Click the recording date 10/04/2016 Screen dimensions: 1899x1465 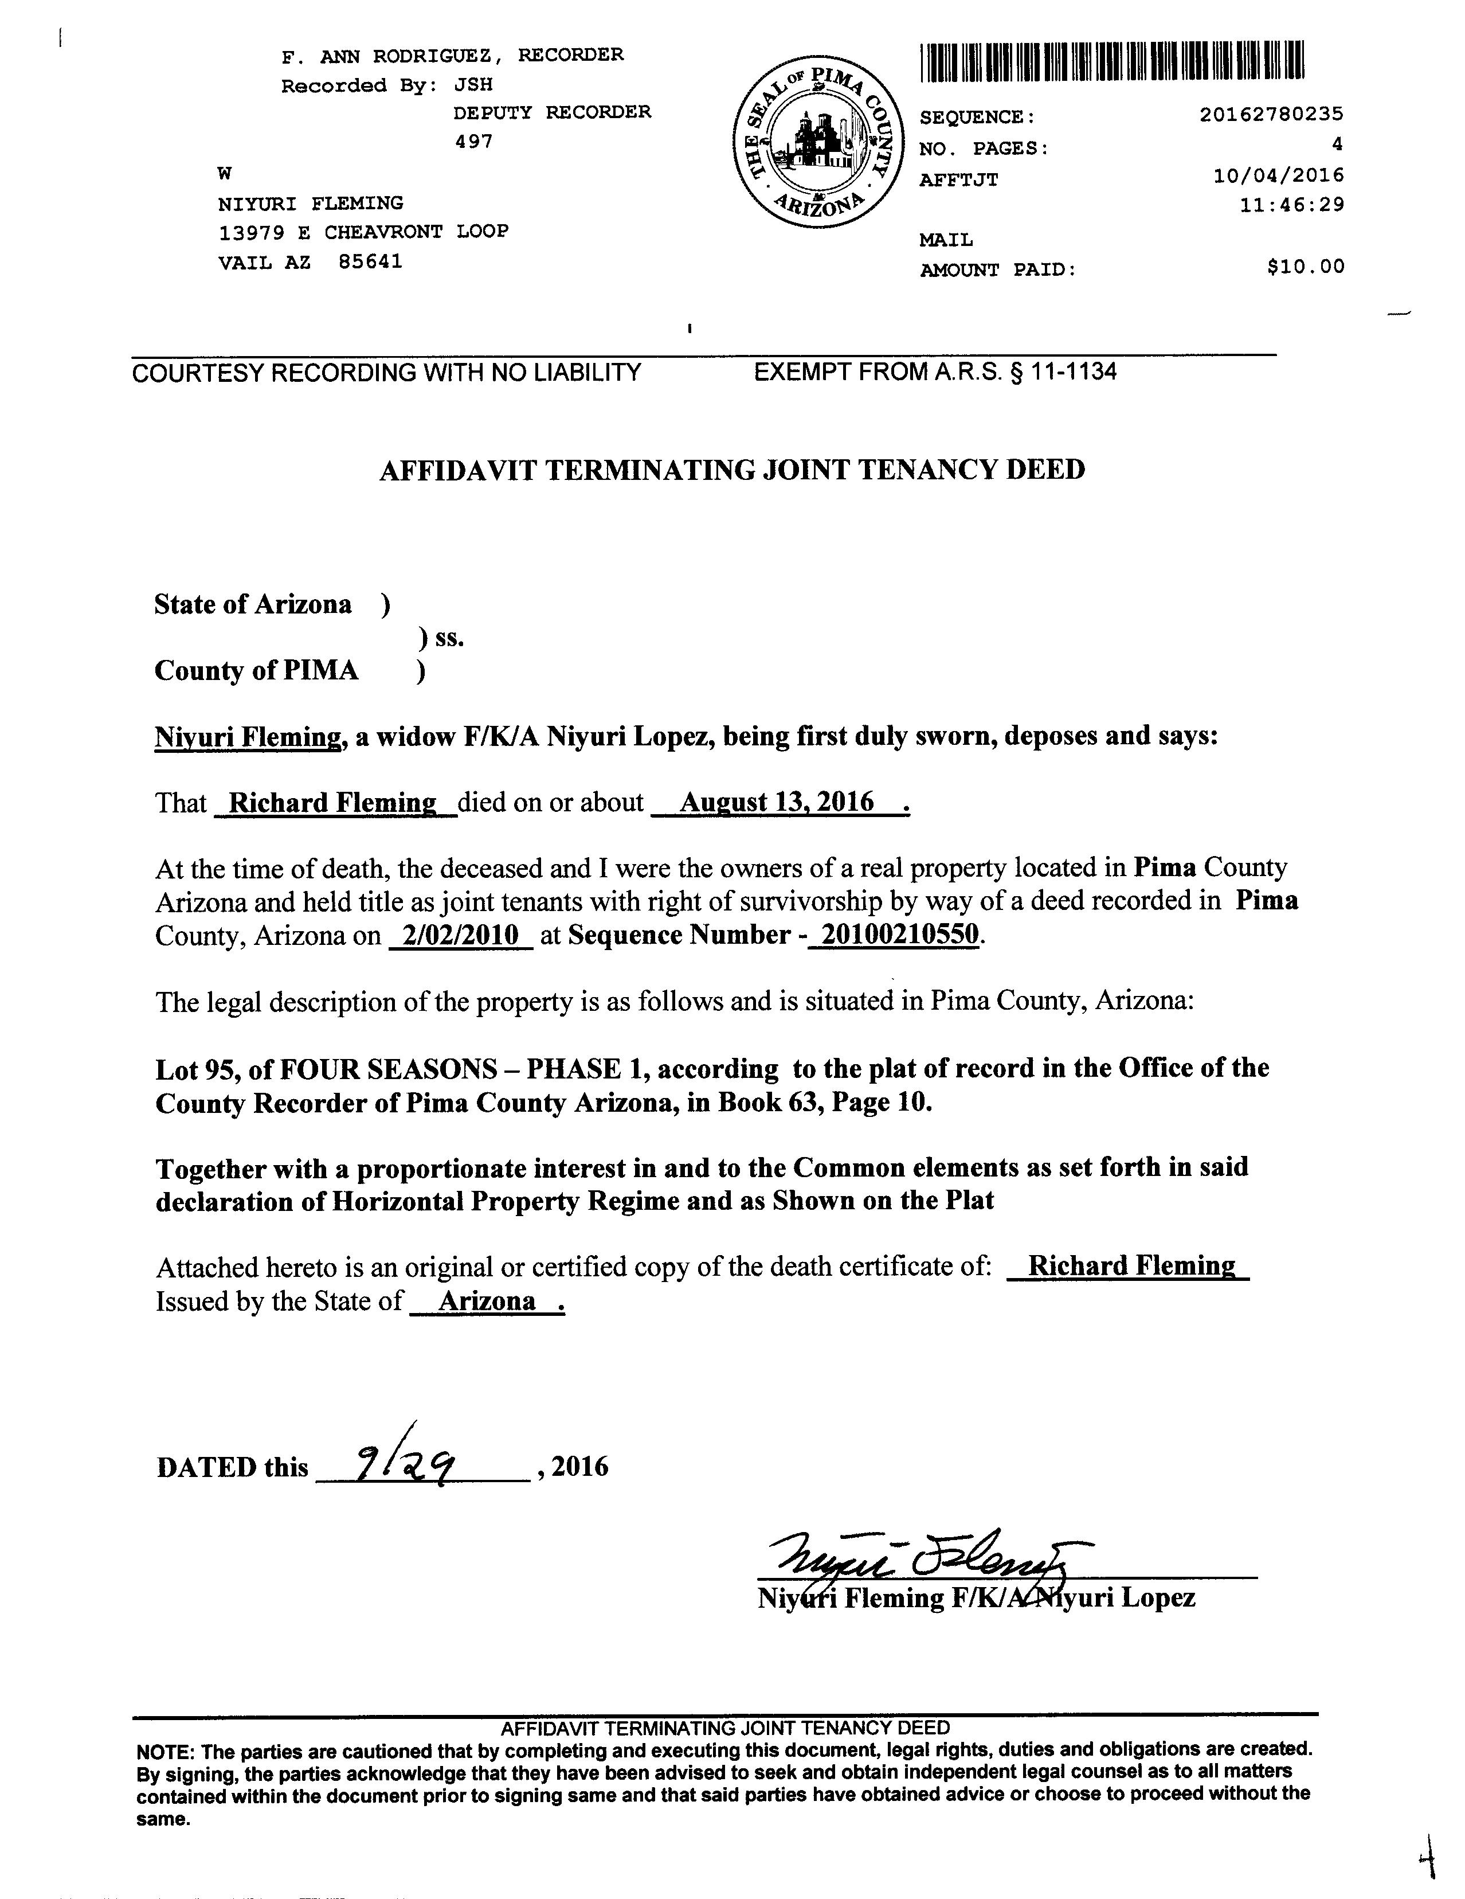point(1278,175)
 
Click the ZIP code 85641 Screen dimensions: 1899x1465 point(370,261)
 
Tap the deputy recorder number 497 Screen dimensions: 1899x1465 point(474,142)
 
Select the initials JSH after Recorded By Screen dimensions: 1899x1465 point(473,85)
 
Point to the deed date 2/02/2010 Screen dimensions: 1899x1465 point(461,936)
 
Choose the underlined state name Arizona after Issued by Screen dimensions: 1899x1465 point(487,1301)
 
